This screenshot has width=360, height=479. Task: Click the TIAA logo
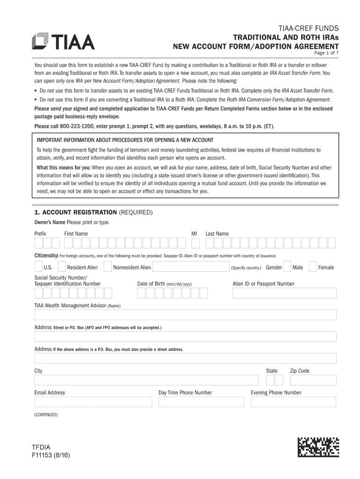63,41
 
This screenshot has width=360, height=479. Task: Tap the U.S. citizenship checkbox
38,267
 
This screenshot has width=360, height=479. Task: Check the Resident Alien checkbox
61,267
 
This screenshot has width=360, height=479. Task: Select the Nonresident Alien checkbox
108,267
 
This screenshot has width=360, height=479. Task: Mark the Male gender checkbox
287,267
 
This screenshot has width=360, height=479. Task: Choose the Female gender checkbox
313,267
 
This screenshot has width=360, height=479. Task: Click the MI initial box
195,243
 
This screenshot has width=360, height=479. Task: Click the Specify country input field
190,267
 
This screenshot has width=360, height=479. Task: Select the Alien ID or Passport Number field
284,293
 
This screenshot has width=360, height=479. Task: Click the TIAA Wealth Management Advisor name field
185,314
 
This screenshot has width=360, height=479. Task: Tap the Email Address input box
93,402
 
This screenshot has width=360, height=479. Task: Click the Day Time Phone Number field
201,402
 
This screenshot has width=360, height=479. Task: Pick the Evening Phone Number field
294,402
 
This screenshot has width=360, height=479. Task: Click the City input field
146,380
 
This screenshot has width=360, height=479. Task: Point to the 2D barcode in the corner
318,447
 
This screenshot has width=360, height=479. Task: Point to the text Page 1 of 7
325,53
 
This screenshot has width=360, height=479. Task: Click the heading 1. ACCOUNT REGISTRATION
76,212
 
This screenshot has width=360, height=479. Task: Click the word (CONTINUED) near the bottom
46,414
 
